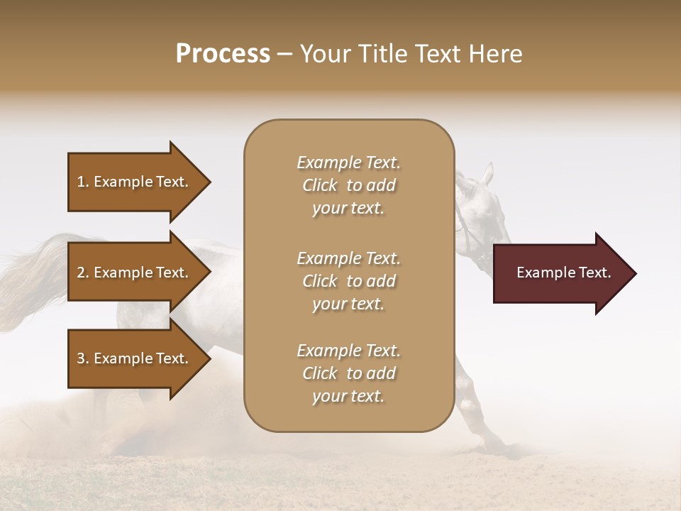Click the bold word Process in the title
(x=223, y=54)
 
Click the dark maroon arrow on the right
(x=560, y=273)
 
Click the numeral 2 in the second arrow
(x=81, y=273)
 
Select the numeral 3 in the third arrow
(x=81, y=358)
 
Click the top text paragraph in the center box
(x=348, y=185)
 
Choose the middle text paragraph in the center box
(x=348, y=281)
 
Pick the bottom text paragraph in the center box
(x=348, y=373)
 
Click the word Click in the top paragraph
(x=320, y=185)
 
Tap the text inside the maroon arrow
(x=563, y=273)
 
